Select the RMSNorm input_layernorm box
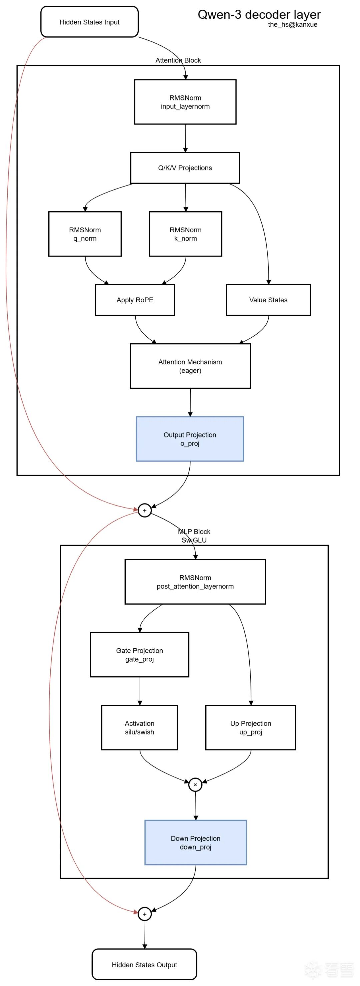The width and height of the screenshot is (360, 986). pos(185,102)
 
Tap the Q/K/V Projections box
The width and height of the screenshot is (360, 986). pos(185,168)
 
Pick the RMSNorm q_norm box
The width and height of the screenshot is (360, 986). pos(85,234)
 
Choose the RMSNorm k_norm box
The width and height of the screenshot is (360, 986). pos(186,234)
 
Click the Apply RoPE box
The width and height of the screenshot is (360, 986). pos(135,300)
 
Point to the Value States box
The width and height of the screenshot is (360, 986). pos(268,300)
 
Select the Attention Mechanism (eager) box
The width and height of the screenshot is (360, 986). pos(190,366)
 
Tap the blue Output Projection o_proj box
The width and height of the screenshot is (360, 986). pos(190,439)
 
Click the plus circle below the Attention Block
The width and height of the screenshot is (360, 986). pos(145,510)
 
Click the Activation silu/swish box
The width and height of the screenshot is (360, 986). pos(139,727)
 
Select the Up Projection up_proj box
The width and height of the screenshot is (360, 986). pos(251,727)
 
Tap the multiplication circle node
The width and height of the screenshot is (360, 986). pos(195,784)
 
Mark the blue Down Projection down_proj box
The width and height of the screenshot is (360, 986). pos(195,842)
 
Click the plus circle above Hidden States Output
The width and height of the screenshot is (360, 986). pos(145,914)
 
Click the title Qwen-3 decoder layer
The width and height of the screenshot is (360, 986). pos(259,15)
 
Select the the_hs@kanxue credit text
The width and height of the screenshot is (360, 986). pos(292,24)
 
